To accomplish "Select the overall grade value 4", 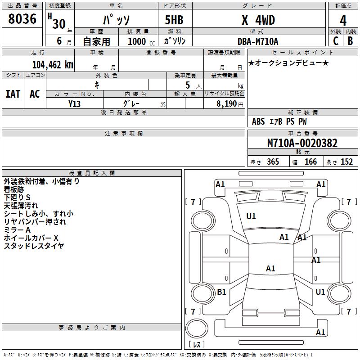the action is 343,20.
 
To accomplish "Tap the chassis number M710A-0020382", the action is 302,143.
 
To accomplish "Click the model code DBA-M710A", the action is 258,41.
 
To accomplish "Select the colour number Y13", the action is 75,103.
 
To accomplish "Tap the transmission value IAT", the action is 13,94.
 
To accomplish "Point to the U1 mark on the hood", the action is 251,216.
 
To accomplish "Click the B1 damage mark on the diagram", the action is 221,292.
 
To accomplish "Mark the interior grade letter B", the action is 351,40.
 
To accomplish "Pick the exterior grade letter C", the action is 336,40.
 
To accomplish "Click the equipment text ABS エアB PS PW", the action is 279,121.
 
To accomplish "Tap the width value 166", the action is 310,162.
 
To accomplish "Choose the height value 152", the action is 346,162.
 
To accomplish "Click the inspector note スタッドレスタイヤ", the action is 34,246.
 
